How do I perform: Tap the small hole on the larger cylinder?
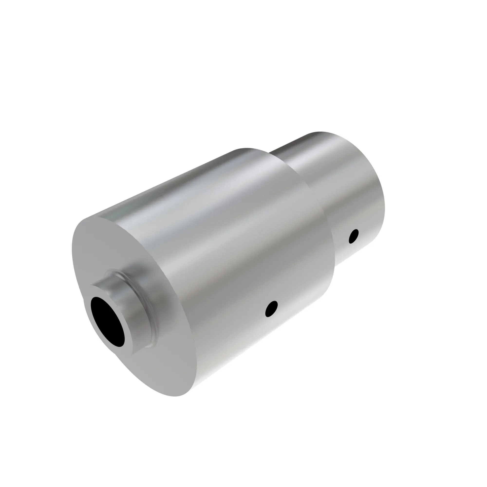point(272,308)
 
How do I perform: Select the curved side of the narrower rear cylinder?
point(353,192)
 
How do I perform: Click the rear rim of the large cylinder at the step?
point(320,207)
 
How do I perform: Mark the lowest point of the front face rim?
point(177,396)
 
